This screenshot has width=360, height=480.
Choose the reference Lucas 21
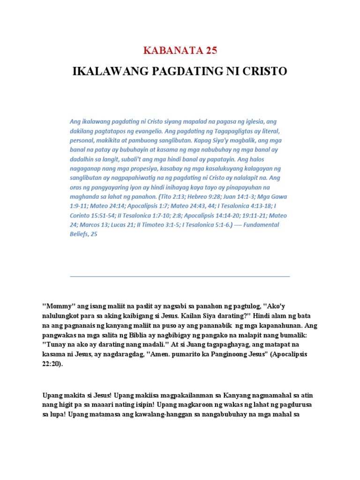(x=122, y=225)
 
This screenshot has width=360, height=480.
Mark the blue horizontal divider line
(x=180, y=277)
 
